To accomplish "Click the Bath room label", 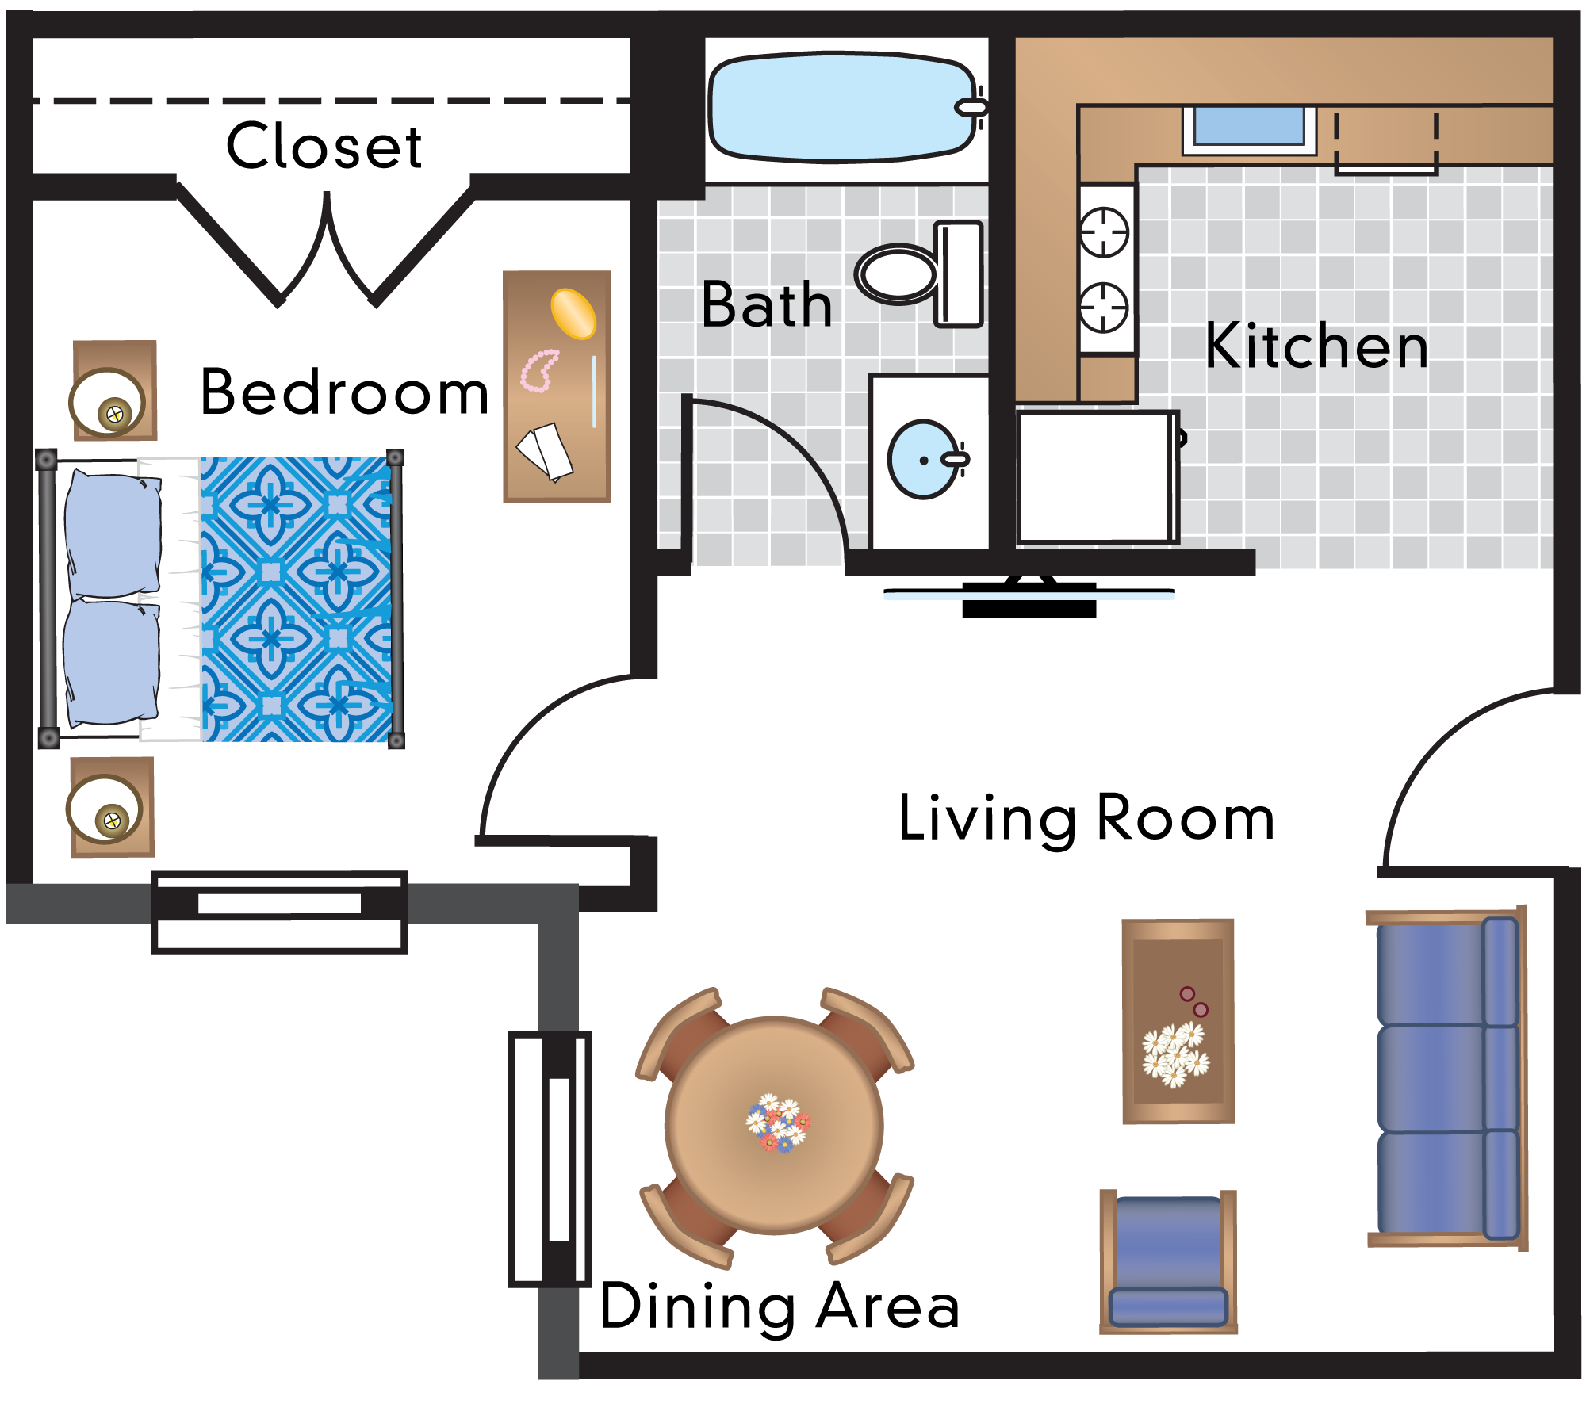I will pos(766,305).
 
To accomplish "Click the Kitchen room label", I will pos(1316,346).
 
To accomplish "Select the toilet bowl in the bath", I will pos(898,274).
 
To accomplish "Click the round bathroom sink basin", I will pos(921,460).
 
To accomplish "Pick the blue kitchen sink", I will pos(1249,127).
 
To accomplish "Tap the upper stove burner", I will pos(1104,231).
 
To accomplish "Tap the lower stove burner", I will pos(1104,307).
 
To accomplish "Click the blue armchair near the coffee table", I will pos(1168,1260).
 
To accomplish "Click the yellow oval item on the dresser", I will pos(573,313).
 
